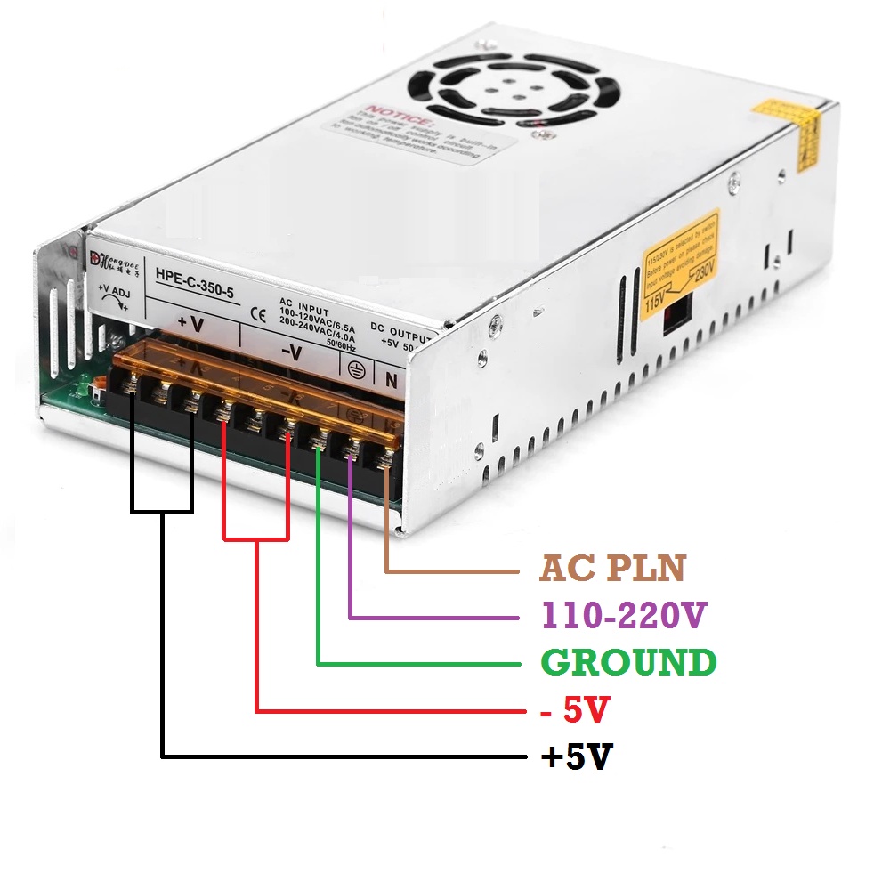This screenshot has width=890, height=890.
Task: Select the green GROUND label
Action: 628,663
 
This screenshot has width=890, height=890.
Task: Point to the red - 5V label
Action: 575,710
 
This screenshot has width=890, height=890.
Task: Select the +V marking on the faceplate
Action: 190,325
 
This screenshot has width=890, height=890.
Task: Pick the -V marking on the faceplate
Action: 291,353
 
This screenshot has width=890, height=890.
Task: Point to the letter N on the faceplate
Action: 389,380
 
